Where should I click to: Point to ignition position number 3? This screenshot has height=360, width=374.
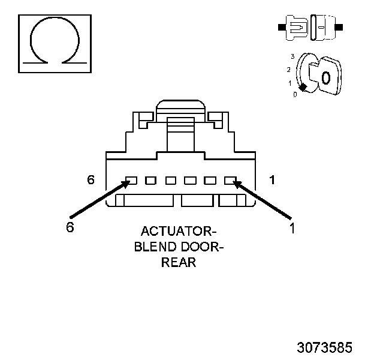(292, 56)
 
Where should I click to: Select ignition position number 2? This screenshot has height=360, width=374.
(288, 69)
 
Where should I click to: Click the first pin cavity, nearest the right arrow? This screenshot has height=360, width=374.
(229, 180)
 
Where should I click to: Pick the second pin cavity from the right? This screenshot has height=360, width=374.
(210, 180)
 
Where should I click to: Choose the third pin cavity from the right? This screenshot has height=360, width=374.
(190, 180)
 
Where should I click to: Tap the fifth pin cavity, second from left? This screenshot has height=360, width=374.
(150, 180)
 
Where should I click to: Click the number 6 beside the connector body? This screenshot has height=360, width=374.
(91, 179)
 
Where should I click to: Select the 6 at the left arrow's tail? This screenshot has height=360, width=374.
(70, 228)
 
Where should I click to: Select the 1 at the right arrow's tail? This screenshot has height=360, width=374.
(292, 228)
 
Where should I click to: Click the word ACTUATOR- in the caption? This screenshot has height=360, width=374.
(179, 232)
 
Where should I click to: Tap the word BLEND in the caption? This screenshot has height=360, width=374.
(156, 247)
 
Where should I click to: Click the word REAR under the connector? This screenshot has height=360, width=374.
(179, 263)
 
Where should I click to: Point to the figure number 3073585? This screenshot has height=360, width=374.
(324, 347)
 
